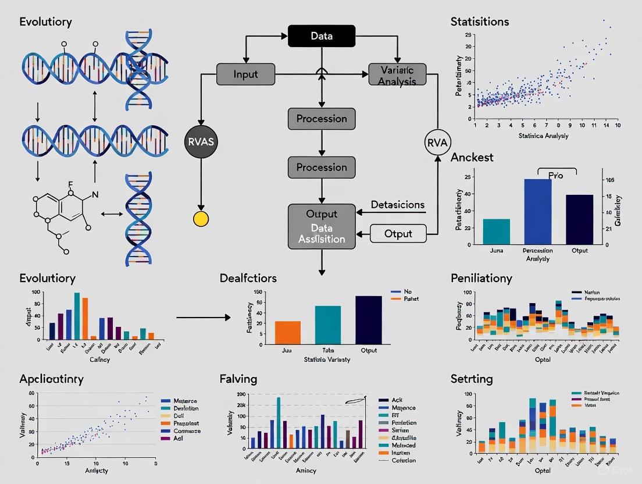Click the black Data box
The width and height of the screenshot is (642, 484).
coord(322,36)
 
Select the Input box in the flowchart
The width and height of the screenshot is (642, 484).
coord(245,74)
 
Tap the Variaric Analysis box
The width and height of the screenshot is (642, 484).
coord(397,76)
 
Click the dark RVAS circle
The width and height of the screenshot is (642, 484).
coord(201,141)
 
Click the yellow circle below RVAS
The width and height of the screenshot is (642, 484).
coord(201,219)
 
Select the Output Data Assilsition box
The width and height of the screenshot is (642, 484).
coord(322,226)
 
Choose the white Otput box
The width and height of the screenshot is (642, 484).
coord(398,233)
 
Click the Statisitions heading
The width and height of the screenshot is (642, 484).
coord(480,22)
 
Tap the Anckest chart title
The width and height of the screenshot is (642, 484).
coord(472,157)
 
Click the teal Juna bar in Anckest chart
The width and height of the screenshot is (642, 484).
coord(496,231)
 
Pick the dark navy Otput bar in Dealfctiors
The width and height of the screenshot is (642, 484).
coord(369,319)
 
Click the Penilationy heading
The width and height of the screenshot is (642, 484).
coord(481,278)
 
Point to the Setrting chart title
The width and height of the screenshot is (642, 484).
coord(472,379)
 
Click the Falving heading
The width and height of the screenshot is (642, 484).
coord(238,379)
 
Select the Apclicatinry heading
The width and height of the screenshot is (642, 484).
coord(51,379)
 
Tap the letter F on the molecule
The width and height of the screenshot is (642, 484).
coord(70,184)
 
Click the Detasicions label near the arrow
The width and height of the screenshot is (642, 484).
coord(398,205)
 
